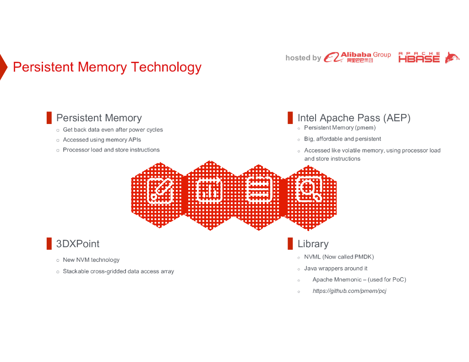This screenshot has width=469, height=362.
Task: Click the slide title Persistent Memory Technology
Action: [107, 67]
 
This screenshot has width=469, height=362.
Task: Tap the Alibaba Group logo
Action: [357, 57]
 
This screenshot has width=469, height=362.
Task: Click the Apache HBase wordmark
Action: [419, 57]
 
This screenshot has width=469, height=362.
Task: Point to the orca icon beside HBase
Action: [452, 58]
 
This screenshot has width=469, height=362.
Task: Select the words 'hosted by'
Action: [303, 58]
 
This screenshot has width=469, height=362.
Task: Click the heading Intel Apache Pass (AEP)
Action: [354, 118]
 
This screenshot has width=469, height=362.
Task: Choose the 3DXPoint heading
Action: [77, 244]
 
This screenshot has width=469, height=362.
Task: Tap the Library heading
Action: [313, 244]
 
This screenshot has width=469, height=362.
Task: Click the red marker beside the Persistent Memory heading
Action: [49, 118]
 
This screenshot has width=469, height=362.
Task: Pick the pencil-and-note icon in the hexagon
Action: [160, 190]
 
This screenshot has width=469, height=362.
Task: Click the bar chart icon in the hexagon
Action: [209, 190]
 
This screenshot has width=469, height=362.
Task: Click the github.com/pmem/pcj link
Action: [349, 291]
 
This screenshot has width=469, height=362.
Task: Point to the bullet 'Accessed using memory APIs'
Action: [102, 140]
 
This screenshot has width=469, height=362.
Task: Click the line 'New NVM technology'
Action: [91, 260]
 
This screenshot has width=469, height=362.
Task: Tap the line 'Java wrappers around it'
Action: [336, 269]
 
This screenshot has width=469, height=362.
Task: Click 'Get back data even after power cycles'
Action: [113, 130]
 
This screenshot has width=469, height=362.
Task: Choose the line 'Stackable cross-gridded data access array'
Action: [118, 271]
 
